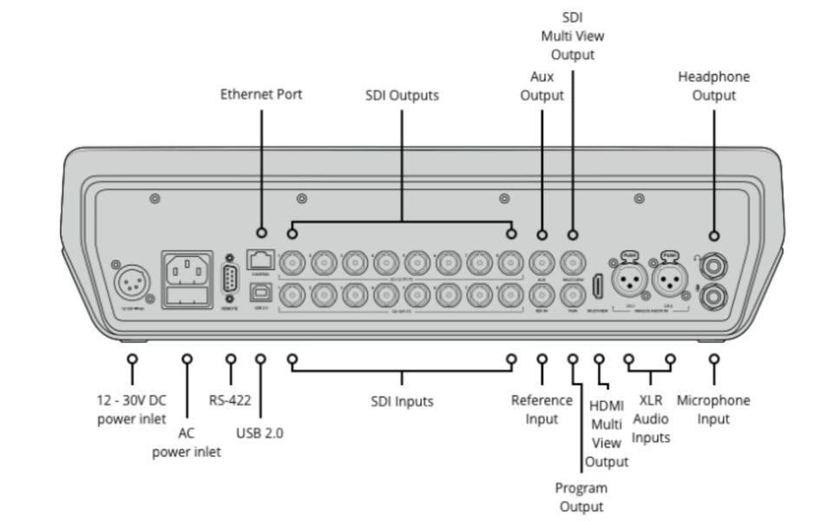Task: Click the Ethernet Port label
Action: pos(261,95)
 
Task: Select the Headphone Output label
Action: pos(713,86)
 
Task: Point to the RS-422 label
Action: pos(230,400)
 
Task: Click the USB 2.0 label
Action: pos(259,433)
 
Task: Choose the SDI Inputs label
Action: pos(402,401)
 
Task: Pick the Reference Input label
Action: pos(541,409)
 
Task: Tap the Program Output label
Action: pos(581,497)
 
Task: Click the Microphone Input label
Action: pos(713,410)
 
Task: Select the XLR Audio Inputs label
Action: pos(651,419)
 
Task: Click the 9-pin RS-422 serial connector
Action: pos(230,280)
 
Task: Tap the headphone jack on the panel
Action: pos(713,260)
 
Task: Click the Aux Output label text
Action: pos(541,86)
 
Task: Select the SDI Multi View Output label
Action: pos(572,36)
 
